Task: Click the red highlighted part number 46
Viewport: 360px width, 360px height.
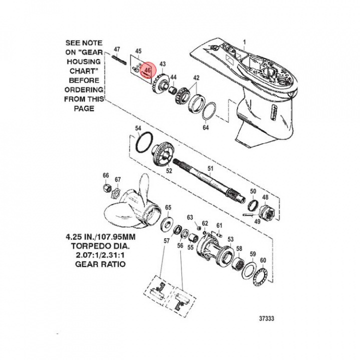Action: (147, 70)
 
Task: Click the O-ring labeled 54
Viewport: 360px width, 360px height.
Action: (144, 143)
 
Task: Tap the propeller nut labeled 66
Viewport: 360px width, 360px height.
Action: (106, 188)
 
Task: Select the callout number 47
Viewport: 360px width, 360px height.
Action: (117, 49)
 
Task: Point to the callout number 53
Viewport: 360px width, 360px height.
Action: (230, 239)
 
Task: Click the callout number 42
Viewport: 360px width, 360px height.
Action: (196, 78)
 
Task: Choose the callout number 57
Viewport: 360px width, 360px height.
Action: (167, 241)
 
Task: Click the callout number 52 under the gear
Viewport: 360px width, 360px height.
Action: (169, 171)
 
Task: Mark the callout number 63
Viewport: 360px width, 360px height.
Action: (189, 217)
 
